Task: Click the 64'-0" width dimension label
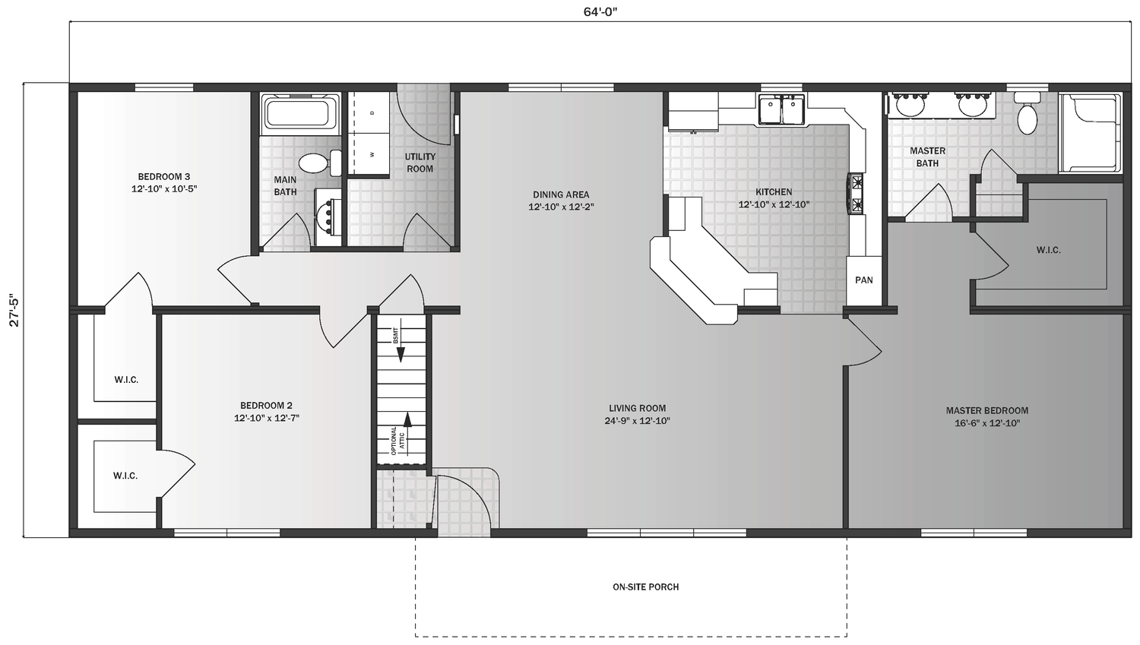(600, 11)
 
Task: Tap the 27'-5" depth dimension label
(14, 311)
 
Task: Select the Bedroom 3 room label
(164, 182)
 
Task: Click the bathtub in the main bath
(301, 112)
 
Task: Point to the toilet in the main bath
(320, 163)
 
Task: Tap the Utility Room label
(420, 163)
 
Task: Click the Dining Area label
(561, 201)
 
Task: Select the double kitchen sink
(782, 110)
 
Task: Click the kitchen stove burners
(856, 193)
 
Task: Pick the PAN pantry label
(863, 280)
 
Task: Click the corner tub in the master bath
(1090, 133)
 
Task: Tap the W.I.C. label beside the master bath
(1048, 250)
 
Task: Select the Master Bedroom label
(986, 416)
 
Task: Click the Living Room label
(637, 414)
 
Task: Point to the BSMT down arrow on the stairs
(401, 346)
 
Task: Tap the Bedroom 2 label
(266, 412)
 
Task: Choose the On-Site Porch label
(645, 587)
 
